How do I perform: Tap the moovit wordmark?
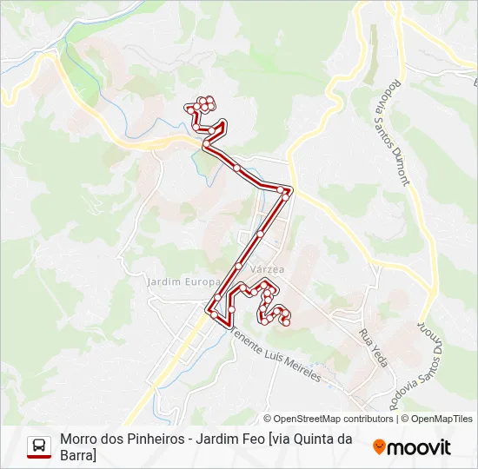pyautogui.click(x=419, y=447)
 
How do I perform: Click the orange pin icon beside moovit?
pyautogui.click(x=379, y=447)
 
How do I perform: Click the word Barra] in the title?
pyautogui.click(x=78, y=455)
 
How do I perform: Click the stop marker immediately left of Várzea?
pyautogui.click(x=238, y=266)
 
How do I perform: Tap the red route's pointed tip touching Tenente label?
pyautogui.click(x=229, y=326)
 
